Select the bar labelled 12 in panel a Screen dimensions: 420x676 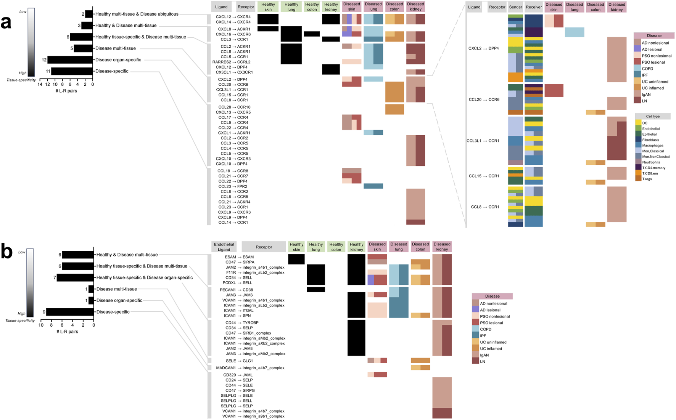tap(70, 60)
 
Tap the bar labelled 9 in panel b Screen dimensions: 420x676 tap(70, 312)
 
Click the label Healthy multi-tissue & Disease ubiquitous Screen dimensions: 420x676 tap(137, 14)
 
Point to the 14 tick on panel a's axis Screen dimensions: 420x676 tap(40, 85)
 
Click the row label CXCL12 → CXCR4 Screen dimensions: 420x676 tap(233, 17)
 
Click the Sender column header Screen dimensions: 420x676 tap(515, 7)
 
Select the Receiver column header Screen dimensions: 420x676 tap(534, 7)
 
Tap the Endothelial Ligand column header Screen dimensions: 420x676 tap(224, 247)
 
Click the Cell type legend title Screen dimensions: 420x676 tap(652, 116)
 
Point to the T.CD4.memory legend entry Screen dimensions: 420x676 tap(653, 168)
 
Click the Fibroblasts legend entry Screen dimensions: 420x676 tap(652, 140)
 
